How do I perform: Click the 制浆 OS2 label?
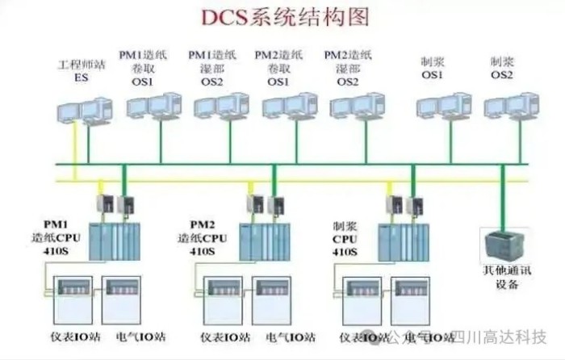point(501,68)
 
